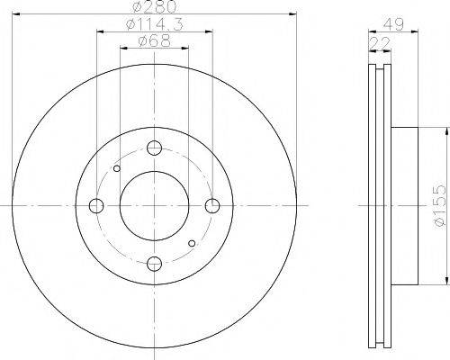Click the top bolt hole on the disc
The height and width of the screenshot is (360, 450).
(x=154, y=148)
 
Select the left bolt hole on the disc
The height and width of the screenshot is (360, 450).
(x=96, y=206)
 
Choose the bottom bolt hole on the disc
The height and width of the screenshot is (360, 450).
(x=154, y=263)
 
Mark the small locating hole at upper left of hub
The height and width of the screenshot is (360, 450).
(x=117, y=167)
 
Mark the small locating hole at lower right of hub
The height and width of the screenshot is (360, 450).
(x=191, y=243)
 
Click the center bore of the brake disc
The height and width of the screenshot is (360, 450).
(x=154, y=206)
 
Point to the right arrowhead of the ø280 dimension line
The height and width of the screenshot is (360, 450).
(x=293, y=14)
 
